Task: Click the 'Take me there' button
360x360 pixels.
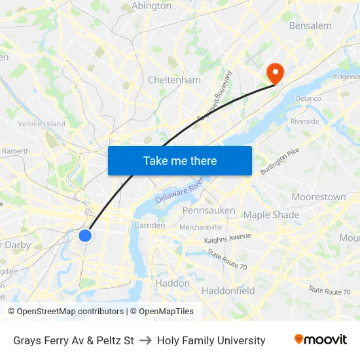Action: (180, 160)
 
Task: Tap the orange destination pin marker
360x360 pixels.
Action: (274, 73)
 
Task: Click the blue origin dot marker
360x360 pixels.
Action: (85, 236)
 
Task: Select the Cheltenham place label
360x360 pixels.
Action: (174, 80)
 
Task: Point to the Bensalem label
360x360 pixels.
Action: (310, 26)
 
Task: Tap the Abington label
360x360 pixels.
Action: (151, 6)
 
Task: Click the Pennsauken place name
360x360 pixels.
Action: (208, 210)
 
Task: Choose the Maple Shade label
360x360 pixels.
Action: (271, 215)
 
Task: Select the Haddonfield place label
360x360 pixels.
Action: (228, 290)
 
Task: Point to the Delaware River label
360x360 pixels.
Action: (179, 192)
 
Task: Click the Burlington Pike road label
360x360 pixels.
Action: (278, 161)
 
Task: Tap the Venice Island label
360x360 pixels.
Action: (42, 124)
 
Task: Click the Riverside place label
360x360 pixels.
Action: (304, 121)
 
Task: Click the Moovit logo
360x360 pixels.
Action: (321, 340)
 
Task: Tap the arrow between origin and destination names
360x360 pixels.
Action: (145, 340)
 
